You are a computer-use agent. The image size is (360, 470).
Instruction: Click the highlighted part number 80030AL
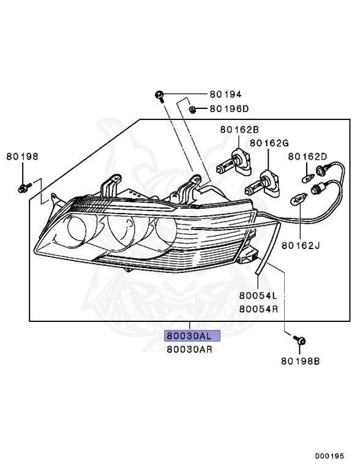(x=189, y=336)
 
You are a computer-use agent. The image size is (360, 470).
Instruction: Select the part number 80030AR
(x=189, y=349)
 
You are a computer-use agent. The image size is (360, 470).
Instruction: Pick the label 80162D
(x=309, y=157)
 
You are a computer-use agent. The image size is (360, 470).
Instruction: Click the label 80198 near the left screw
(x=23, y=156)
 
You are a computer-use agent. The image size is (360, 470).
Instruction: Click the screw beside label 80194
(x=159, y=96)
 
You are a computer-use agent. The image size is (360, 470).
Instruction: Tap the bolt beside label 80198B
(x=300, y=340)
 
